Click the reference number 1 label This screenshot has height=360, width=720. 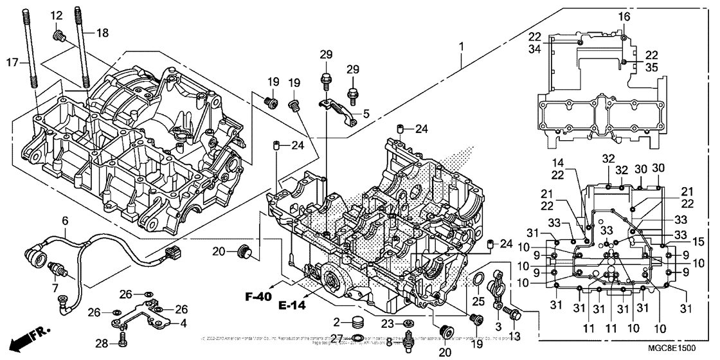point(461,47)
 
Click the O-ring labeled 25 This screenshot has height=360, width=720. point(478,280)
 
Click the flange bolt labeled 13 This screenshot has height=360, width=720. point(514,314)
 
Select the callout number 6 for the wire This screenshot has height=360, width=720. point(64,221)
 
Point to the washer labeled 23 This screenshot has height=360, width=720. point(408,322)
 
